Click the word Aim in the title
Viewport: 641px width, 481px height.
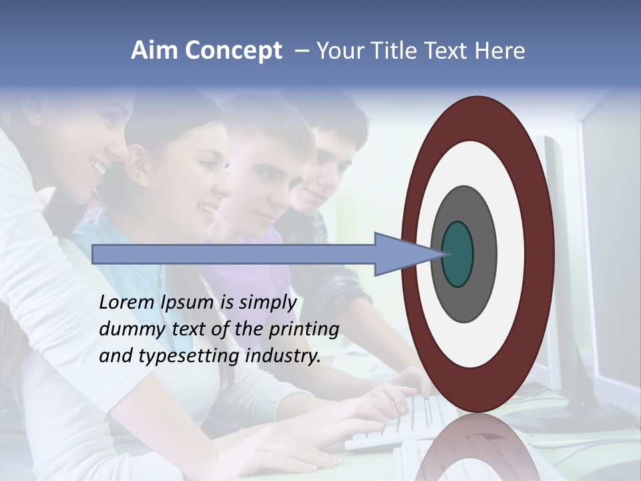click(155, 51)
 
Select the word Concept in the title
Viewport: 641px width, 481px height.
click(233, 51)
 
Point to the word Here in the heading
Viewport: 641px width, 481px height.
click(500, 51)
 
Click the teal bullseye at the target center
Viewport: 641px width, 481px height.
click(458, 254)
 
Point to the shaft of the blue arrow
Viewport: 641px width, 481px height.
click(234, 254)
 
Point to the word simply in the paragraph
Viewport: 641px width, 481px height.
click(267, 303)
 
